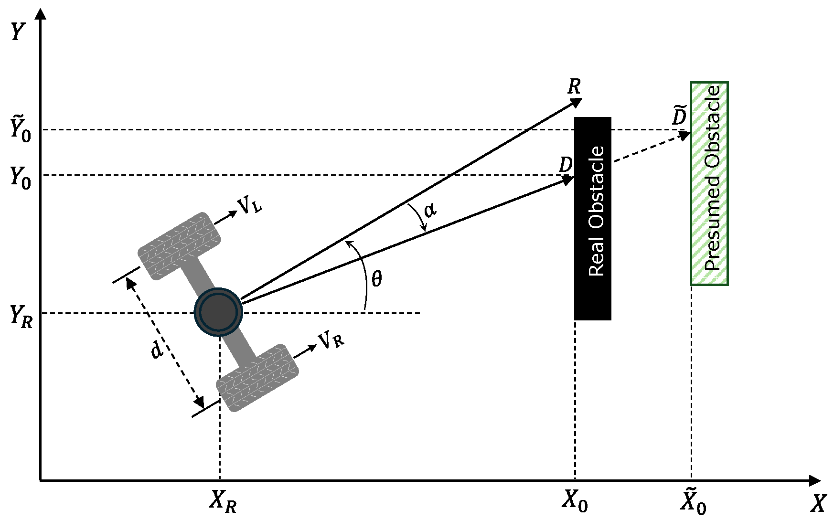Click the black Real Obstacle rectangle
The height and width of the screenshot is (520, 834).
(592, 218)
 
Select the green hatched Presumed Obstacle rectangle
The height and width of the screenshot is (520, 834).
(709, 183)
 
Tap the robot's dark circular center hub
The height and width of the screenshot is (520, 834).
(219, 312)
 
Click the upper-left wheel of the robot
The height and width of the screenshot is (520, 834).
(179, 245)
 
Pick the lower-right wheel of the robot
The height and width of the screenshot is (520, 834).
(257, 378)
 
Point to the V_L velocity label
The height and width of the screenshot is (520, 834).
(250, 207)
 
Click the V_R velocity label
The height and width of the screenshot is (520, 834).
(331, 341)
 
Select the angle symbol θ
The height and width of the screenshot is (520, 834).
(377, 278)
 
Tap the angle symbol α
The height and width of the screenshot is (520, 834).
(430, 209)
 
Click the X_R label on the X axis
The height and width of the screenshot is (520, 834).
(223, 502)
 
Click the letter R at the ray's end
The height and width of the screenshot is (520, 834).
(574, 87)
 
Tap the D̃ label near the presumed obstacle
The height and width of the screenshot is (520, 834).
(680, 115)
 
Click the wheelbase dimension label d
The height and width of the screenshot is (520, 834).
(157, 350)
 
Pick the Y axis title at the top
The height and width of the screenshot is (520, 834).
(17, 32)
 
